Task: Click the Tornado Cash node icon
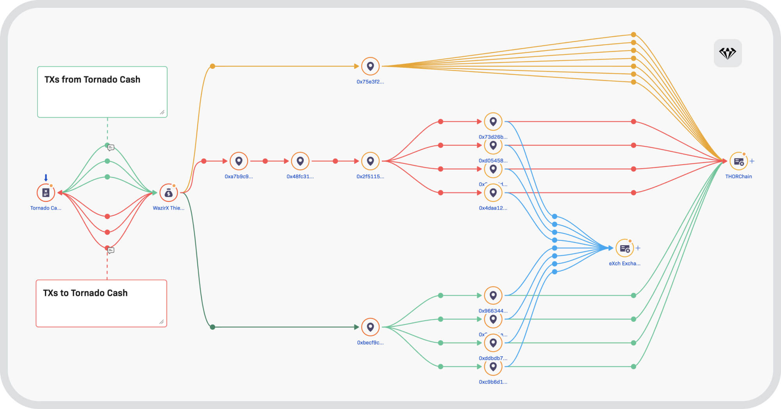[46, 192]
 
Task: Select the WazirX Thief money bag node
[169, 192]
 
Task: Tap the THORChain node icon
[738, 161]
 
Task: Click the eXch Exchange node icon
[624, 248]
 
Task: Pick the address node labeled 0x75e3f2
[370, 66]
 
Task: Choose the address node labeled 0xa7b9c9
[239, 161]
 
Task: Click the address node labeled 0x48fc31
[300, 161]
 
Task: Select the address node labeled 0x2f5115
[370, 161]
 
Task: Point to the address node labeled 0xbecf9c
[370, 327]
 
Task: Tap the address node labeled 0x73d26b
[493, 122]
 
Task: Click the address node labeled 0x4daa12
[493, 193]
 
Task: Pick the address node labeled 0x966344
[493, 296]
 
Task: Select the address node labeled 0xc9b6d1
[493, 367]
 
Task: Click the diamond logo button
[728, 53]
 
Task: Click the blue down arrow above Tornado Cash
[46, 178]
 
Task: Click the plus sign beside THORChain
[752, 161]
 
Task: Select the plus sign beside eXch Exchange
[638, 248]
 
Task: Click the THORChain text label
[738, 177]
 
